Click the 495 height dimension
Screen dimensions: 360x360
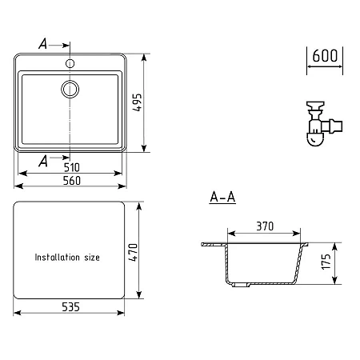[138, 102]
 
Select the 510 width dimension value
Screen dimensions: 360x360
[72, 167]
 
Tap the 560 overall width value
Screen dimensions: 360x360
[72, 181]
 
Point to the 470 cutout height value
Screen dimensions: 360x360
[133, 252]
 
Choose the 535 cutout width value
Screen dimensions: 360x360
[70, 307]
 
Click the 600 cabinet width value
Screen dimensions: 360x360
[325, 56]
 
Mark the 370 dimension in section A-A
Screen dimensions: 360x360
[265, 226]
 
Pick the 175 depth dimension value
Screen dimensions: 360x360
[326, 262]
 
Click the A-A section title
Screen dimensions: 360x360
[222, 198]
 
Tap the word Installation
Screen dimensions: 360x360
[58, 257]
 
